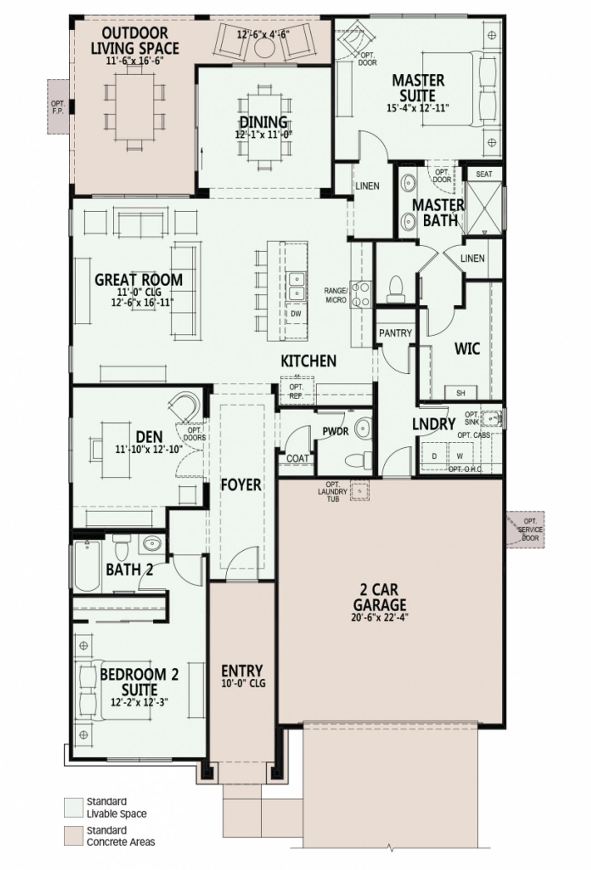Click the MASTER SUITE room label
[x=418, y=88]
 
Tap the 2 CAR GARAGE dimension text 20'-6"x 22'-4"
[x=380, y=617]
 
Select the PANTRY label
[x=395, y=333]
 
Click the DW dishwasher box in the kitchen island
[x=296, y=314]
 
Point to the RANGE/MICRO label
[x=335, y=295]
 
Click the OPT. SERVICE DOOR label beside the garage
[x=530, y=529]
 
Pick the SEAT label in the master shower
[x=483, y=174]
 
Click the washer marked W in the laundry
[x=460, y=456]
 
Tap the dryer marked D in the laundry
[x=434, y=456]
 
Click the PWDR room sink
[x=363, y=429]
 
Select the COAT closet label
[x=297, y=458]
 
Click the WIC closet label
[x=467, y=349]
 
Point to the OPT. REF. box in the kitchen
[x=296, y=391]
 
